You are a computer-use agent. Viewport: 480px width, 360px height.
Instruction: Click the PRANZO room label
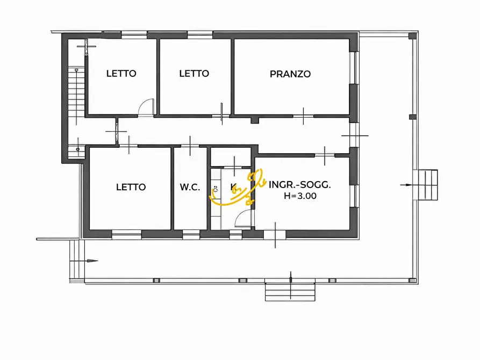point(290,74)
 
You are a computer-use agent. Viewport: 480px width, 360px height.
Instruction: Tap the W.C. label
point(190,187)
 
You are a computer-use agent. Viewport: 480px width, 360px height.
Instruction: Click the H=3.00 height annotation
point(300,196)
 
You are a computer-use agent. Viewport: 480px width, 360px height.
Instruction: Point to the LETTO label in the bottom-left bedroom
point(131,187)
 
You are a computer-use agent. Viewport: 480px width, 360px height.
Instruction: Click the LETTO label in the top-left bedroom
point(121,74)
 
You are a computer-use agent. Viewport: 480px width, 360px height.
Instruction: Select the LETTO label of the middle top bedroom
point(194,74)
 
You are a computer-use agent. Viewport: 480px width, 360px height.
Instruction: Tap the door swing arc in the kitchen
point(242,218)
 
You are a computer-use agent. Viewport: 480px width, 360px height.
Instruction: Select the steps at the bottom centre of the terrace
point(291,292)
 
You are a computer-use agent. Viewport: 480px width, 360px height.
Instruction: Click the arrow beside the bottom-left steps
point(91,261)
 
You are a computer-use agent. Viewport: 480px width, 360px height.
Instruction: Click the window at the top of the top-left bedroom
point(134,35)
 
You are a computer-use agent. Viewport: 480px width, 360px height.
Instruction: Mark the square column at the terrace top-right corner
point(412,36)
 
